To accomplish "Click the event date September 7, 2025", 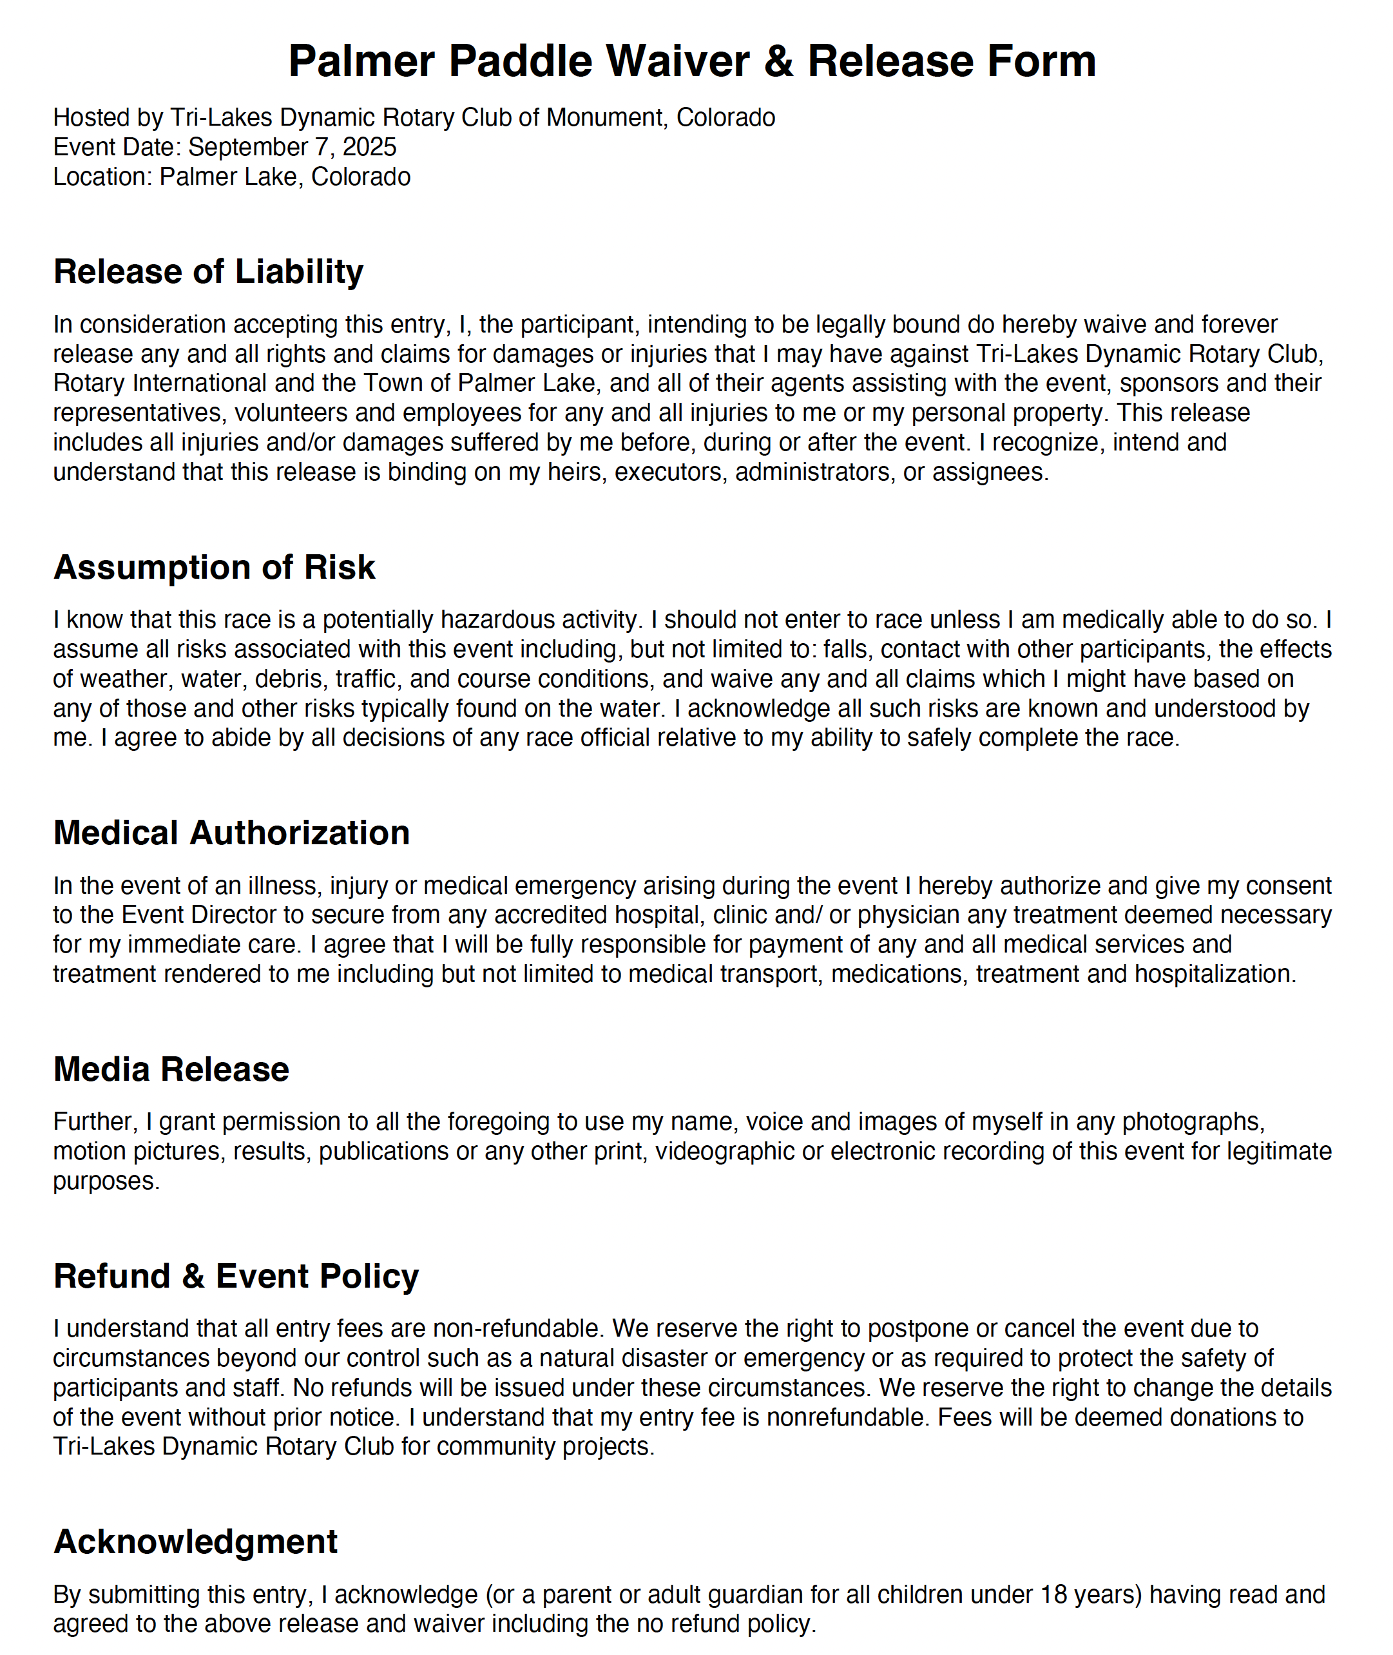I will pos(292,147).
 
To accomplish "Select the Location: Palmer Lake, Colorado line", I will pos(231,177).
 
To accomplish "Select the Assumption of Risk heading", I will pos(214,567).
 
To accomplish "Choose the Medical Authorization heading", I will pos(231,833).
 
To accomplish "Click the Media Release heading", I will pos(171,1070).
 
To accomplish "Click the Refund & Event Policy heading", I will pos(236,1277).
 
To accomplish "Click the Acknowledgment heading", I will pos(195,1542).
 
